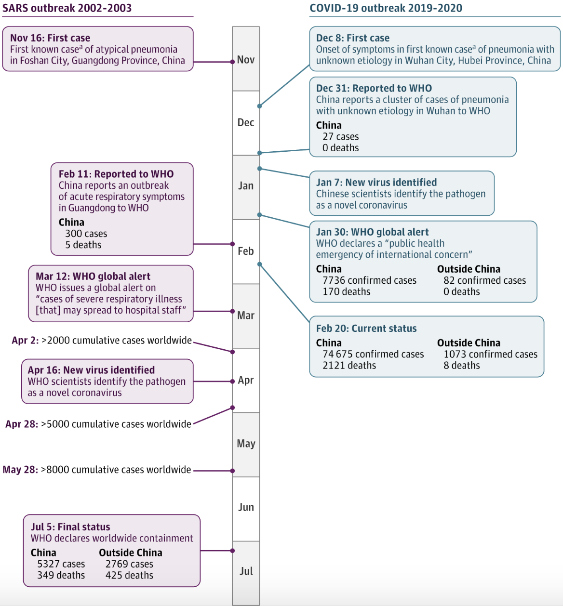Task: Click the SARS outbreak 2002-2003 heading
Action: [67, 8]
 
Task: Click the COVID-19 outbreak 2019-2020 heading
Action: [386, 8]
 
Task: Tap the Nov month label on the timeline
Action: [246, 60]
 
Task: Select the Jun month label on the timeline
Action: [246, 507]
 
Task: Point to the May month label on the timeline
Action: [246, 443]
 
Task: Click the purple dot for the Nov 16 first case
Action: [232, 62]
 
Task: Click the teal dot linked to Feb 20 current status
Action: [259, 264]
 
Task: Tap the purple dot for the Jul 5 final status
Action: [232, 551]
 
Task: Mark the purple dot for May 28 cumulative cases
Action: [232, 471]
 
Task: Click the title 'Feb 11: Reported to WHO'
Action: [116, 174]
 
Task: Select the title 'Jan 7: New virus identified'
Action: [376, 182]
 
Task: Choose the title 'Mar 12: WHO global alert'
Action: [93, 276]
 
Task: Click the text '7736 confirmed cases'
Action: [369, 280]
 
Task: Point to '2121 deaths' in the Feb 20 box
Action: [349, 365]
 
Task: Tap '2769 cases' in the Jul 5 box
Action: [129, 564]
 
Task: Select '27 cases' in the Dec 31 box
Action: [341, 136]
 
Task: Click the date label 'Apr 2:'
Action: [26, 340]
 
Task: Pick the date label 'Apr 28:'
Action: [22, 424]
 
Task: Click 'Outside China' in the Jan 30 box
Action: [469, 269]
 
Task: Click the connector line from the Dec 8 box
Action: [284, 85]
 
